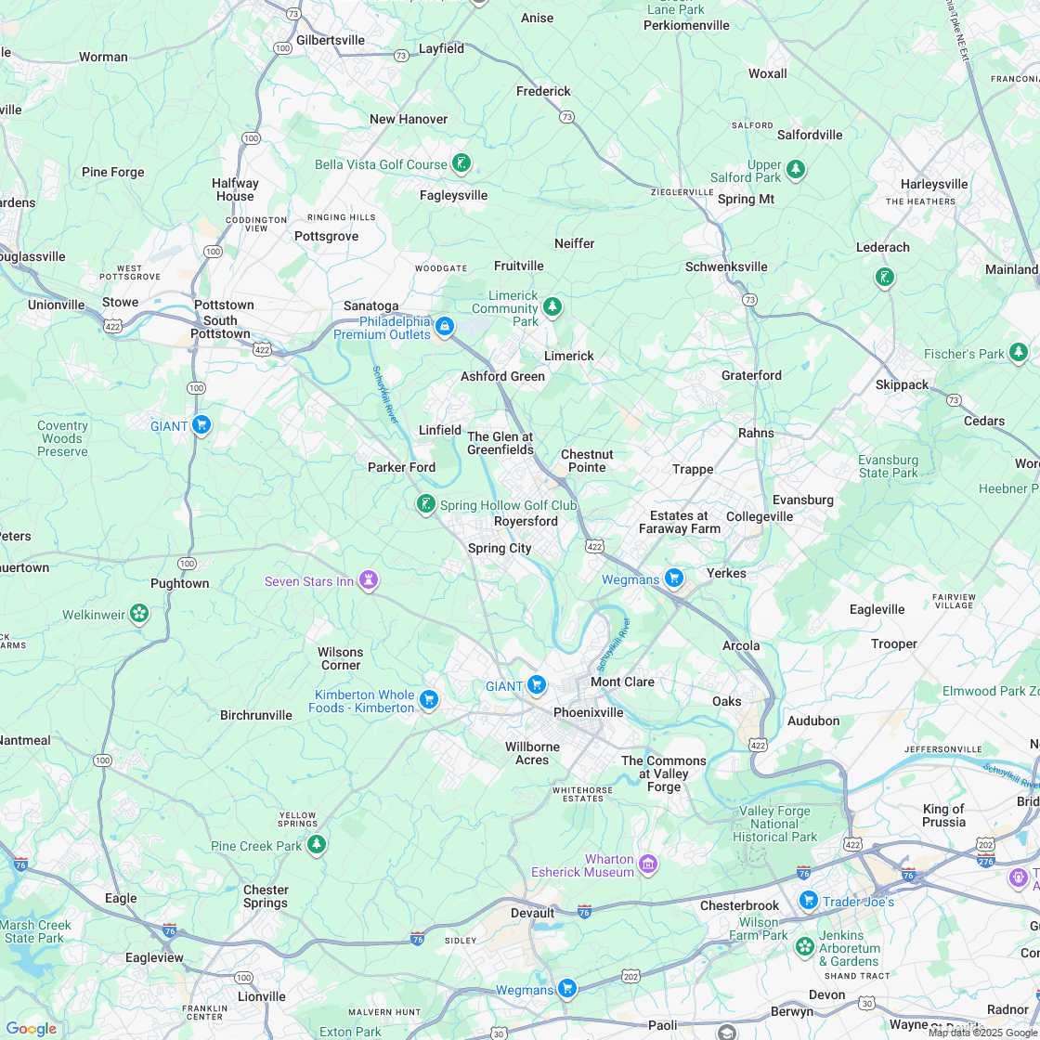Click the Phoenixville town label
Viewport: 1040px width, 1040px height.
pyautogui.click(x=588, y=712)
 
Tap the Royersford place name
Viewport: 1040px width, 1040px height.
pyautogui.click(x=526, y=521)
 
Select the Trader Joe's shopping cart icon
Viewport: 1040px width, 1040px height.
pyautogui.click(x=808, y=900)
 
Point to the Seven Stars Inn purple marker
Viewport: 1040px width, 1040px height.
pyautogui.click(x=369, y=580)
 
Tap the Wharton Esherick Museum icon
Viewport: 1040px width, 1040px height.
pyautogui.click(x=648, y=864)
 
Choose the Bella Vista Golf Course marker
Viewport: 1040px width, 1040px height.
pyautogui.click(x=461, y=164)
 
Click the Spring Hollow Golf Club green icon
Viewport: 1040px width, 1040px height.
pyautogui.click(x=425, y=504)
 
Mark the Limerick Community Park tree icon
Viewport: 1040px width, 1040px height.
pyautogui.click(x=552, y=305)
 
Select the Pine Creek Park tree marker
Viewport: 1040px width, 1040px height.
pyautogui.click(x=317, y=844)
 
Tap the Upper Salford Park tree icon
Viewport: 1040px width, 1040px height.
pyautogui.click(x=795, y=169)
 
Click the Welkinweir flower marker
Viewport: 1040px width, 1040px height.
pyautogui.click(x=138, y=614)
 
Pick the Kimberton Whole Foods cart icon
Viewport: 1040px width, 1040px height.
pyautogui.click(x=428, y=699)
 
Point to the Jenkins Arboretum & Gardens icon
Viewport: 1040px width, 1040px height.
pyautogui.click(x=804, y=947)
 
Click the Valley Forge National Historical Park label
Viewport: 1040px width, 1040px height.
pyautogui.click(x=774, y=824)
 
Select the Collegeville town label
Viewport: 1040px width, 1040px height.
pyautogui.click(x=760, y=516)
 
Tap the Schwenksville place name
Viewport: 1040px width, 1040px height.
pyautogui.click(x=726, y=266)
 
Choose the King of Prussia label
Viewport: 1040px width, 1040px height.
pyautogui.click(x=943, y=815)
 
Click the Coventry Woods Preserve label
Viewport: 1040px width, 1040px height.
pyautogui.click(x=62, y=438)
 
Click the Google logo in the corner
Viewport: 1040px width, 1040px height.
pyautogui.click(x=32, y=1028)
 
